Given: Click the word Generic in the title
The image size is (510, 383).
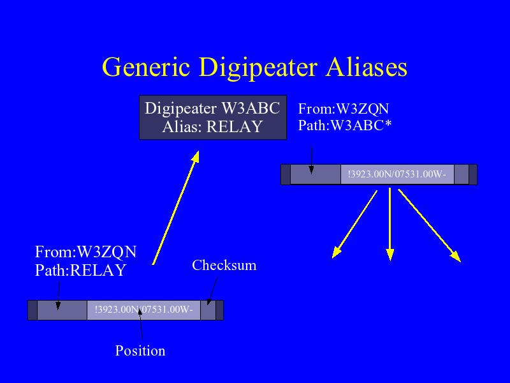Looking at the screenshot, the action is coord(146,67).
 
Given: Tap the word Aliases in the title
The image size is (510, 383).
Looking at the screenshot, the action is coord(367,67).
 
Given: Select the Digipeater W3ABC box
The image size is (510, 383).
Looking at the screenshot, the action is coord(213,117).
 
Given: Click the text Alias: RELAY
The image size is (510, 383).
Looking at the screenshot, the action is coord(212,126).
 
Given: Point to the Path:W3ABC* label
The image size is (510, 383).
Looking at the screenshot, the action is coord(345,125).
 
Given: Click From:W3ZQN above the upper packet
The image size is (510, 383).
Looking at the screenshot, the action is coord(344,109).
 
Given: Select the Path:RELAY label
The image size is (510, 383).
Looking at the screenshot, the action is coord(80,270).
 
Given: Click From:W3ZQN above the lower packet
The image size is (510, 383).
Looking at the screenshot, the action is coord(85,252).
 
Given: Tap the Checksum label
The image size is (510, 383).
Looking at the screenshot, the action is coord(224,265).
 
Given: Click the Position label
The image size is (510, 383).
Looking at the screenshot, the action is coord(140,350).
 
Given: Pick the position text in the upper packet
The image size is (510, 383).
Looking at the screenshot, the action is coord(397,174).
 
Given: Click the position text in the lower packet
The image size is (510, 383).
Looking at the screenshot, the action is coord(144,309).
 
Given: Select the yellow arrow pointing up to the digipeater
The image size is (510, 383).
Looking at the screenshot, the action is coord(176,207).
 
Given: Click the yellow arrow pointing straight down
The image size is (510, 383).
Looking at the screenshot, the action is coord(390,225).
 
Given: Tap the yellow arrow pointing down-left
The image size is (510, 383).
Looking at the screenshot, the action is coord(354,225).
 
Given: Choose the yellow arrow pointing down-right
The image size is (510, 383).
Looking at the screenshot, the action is coord(430,225).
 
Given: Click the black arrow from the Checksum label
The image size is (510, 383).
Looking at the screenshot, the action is coord(212,291).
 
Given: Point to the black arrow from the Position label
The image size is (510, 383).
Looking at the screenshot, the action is coord(140,324).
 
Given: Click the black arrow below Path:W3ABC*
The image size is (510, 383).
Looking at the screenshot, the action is coord(312,160).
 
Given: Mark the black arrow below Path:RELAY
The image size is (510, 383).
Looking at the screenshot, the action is coord(58,296).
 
